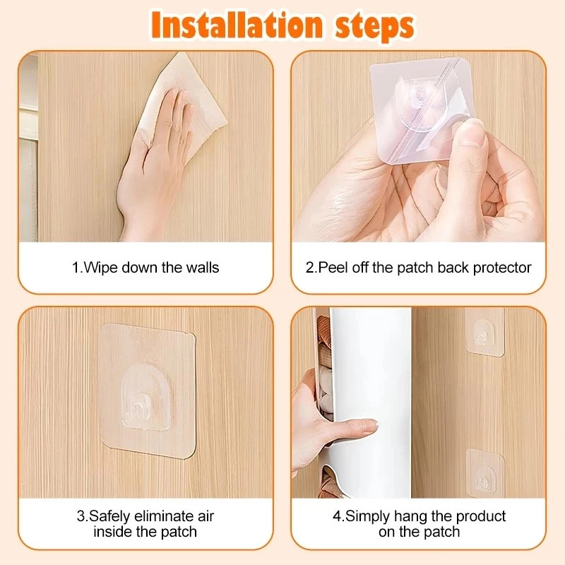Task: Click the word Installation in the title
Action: point(237,25)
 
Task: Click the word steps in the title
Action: point(375,26)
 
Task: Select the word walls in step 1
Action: point(203,268)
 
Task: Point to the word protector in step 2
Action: point(502,268)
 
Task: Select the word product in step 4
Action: point(481,517)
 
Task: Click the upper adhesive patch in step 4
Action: point(484,332)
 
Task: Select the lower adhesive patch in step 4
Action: point(484,472)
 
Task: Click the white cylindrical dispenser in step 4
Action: point(371,403)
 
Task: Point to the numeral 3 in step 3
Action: point(81,517)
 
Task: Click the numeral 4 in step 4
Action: point(337,517)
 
